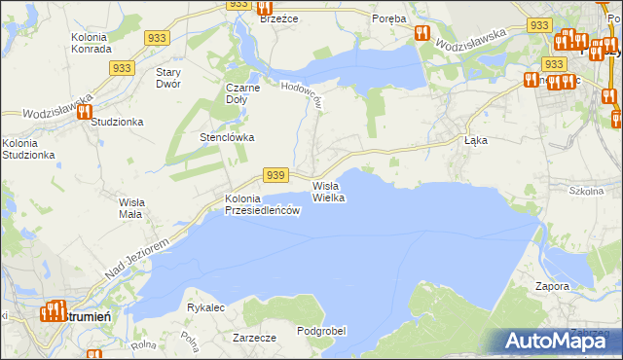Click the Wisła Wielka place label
point(328,191)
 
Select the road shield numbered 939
point(275,174)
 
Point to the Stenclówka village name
point(227,137)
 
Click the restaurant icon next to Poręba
point(422,32)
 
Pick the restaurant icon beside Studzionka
point(83,111)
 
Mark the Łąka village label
point(475,140)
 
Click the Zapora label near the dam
point(552,286)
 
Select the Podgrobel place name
point(321,331)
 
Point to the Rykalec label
point(206,307)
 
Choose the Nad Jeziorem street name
point(135,255)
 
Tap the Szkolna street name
point(586,191)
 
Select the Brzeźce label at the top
point(278,18)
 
